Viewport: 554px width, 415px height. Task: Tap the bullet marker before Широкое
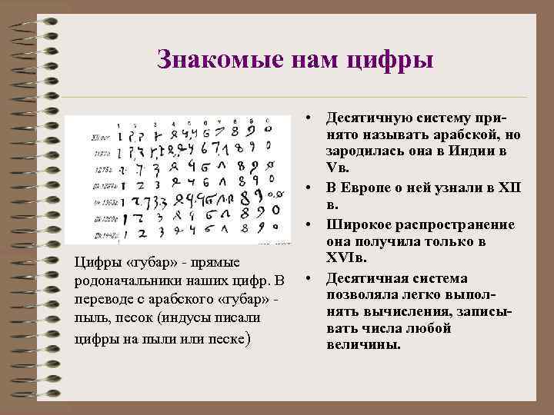click(x=306, y=224)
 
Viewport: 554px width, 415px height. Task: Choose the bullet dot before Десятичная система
click(x=306, y=278)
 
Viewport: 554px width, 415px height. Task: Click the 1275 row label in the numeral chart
click(x=100, y=163)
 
